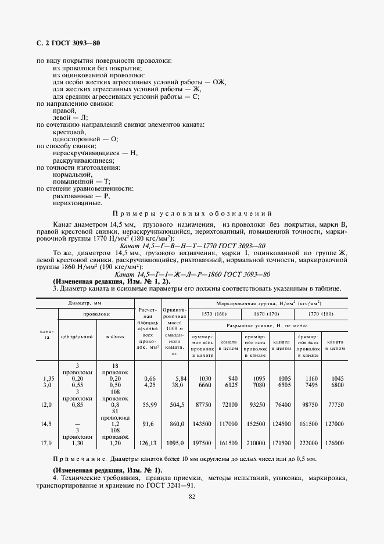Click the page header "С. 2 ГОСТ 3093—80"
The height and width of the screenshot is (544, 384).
pyautogui.click(x=69, y=44)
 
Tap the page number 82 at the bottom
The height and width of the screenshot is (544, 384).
pyautogui.click(x=191, y=495)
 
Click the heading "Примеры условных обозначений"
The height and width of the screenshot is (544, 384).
pyautogui.click(x=192, y=213)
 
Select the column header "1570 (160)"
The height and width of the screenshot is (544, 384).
pyautogui.click(x=213, y=314)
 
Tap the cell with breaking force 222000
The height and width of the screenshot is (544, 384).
pyautogui.click(x=308, y=443)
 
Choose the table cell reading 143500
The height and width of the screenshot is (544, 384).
pyautogui.click(x=202, y=424)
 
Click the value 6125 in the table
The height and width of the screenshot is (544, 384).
pyautogui.click(x=230, y=384)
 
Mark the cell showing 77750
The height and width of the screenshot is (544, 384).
pyautogui.click(x=336, y=403)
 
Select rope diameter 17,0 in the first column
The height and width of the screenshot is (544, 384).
pyautogui.click(x=48, y=443)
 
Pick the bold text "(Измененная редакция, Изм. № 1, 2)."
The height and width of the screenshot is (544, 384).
pyautogui.click(x=103, y=281)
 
